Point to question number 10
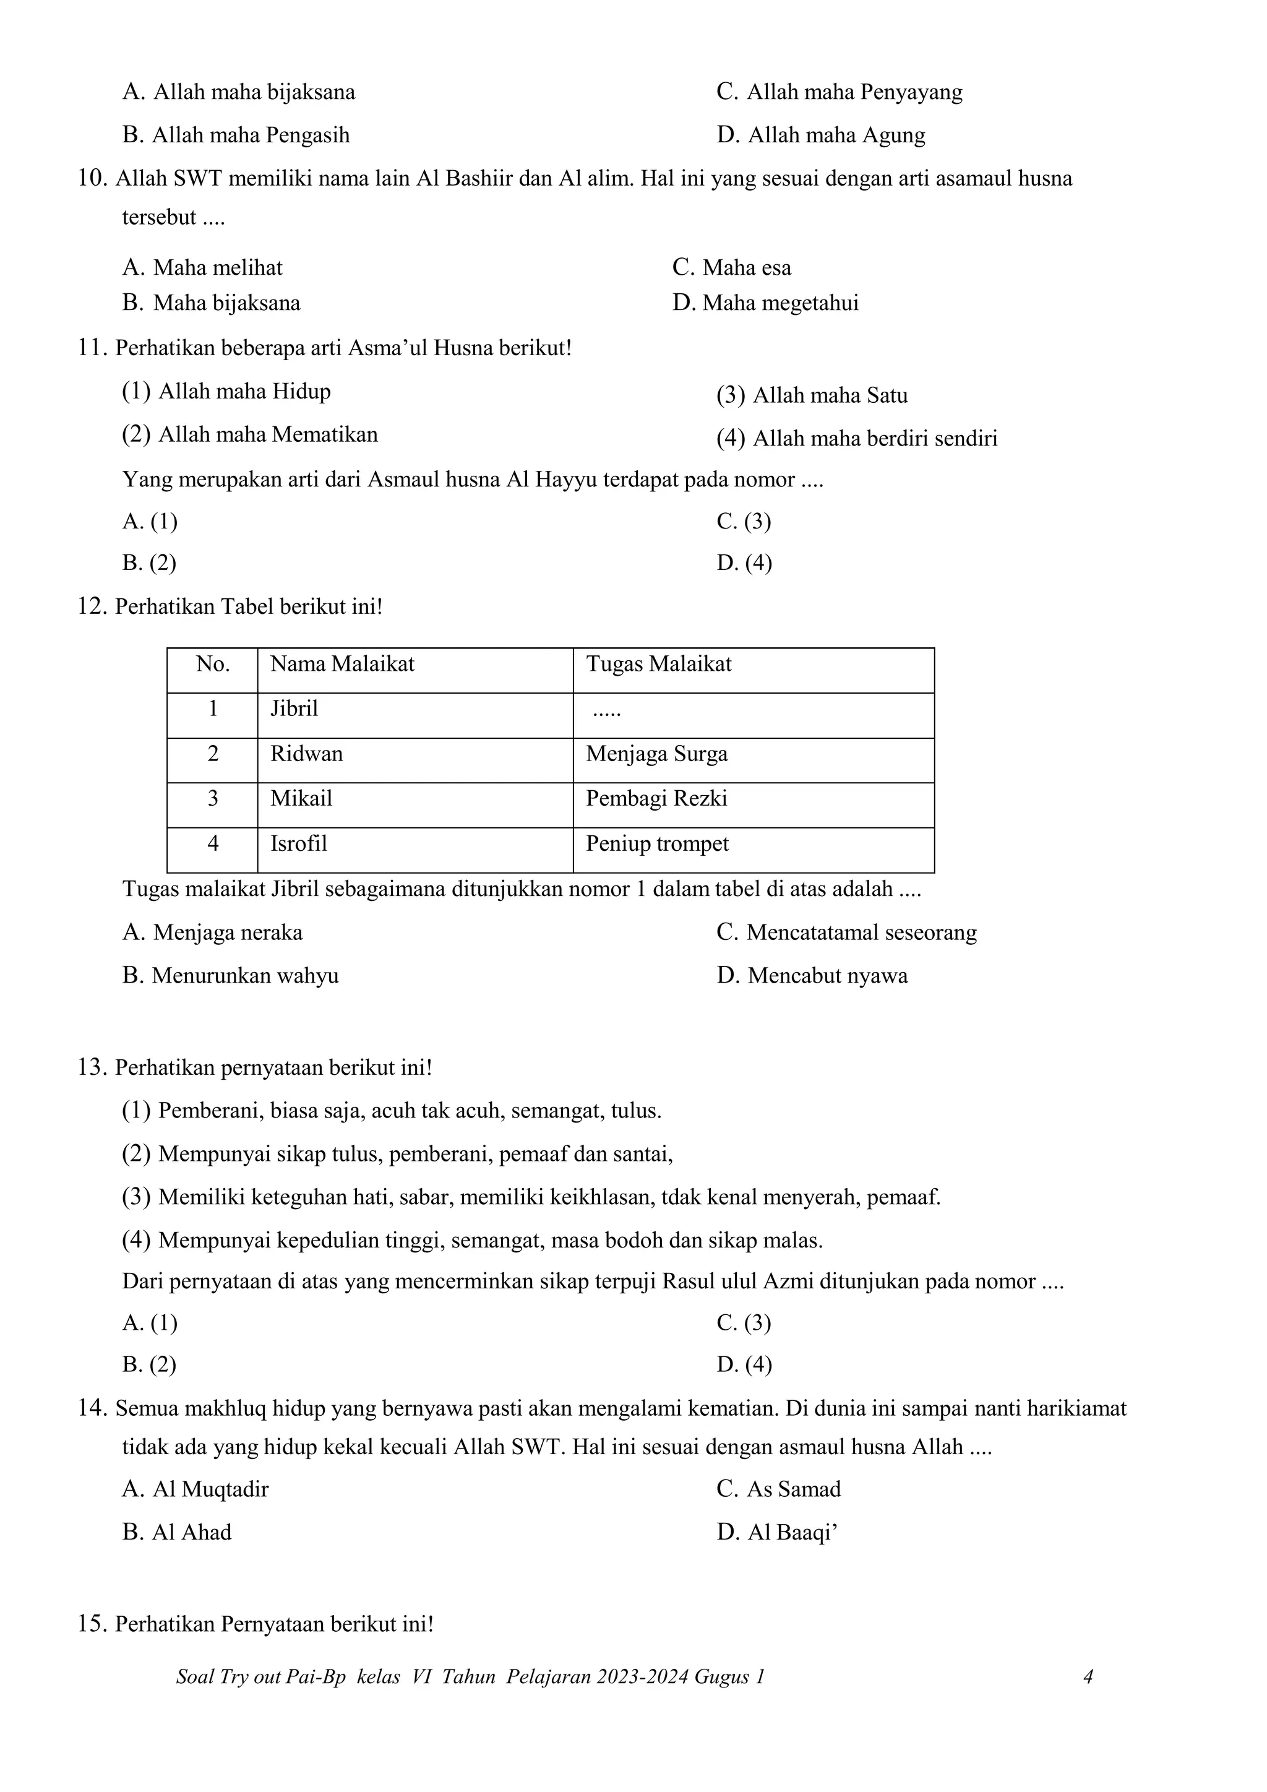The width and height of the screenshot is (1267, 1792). coord(92,179)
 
